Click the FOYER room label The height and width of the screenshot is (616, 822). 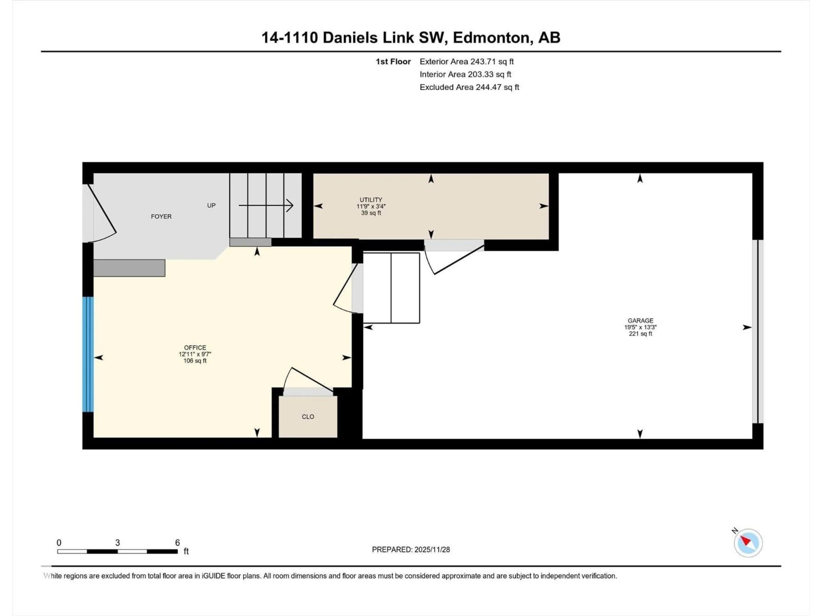tap(161, 216)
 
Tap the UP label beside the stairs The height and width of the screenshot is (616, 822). tap(211, 205)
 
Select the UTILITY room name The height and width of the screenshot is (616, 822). tap(371, 200)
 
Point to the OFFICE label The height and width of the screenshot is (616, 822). tap(195, 348)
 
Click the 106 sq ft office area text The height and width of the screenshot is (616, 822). tap(195, 361)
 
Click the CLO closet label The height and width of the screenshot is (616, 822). tap(308, 417)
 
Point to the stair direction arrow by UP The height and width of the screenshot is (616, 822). tap(266, 205)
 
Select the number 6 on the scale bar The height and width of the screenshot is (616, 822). tap(177, 542)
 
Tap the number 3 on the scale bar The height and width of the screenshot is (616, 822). tap(118, 542)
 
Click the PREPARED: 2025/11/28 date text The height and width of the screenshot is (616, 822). tap(411, 549)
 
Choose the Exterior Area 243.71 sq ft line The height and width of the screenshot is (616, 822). tap(466, 62)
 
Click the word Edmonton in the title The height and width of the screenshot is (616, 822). tap(491, 37)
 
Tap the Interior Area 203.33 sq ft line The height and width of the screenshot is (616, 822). tap(465, 74)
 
